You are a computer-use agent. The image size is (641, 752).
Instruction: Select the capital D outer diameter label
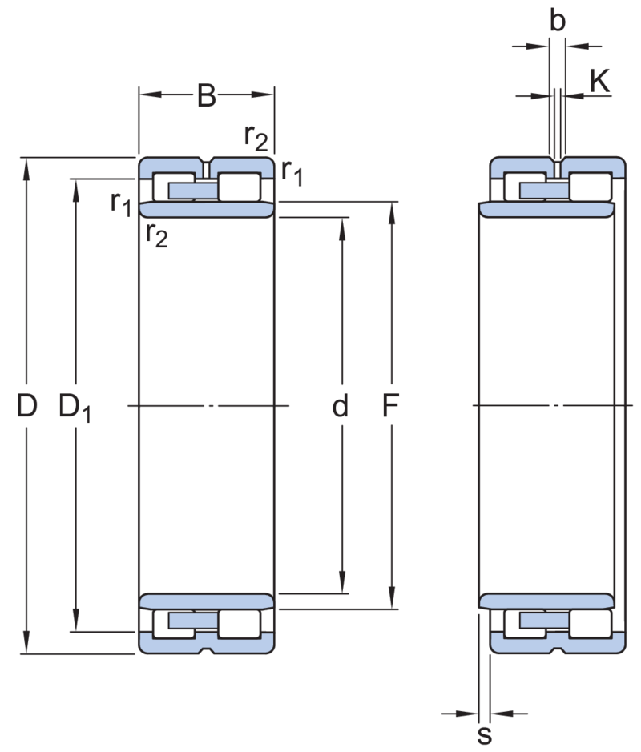(x=27, y=408)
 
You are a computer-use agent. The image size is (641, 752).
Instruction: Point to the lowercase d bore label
(x=341, y=408)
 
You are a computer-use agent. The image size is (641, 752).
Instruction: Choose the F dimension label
(x=390, y=408)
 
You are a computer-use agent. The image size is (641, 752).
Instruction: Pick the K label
(x=600, y=79)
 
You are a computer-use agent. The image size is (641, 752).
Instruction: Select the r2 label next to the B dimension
(x=256, y=138)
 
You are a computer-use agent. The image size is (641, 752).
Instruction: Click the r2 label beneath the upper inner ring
(x=158, y=235)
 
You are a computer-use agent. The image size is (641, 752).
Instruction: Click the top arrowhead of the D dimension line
(x=27, y=165)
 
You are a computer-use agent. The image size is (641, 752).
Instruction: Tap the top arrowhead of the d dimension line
(x=342, y=224)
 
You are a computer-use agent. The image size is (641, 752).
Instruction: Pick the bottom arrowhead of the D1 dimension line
(x=76, y=622)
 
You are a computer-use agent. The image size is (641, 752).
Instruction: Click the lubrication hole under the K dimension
(x=558, y=169)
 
